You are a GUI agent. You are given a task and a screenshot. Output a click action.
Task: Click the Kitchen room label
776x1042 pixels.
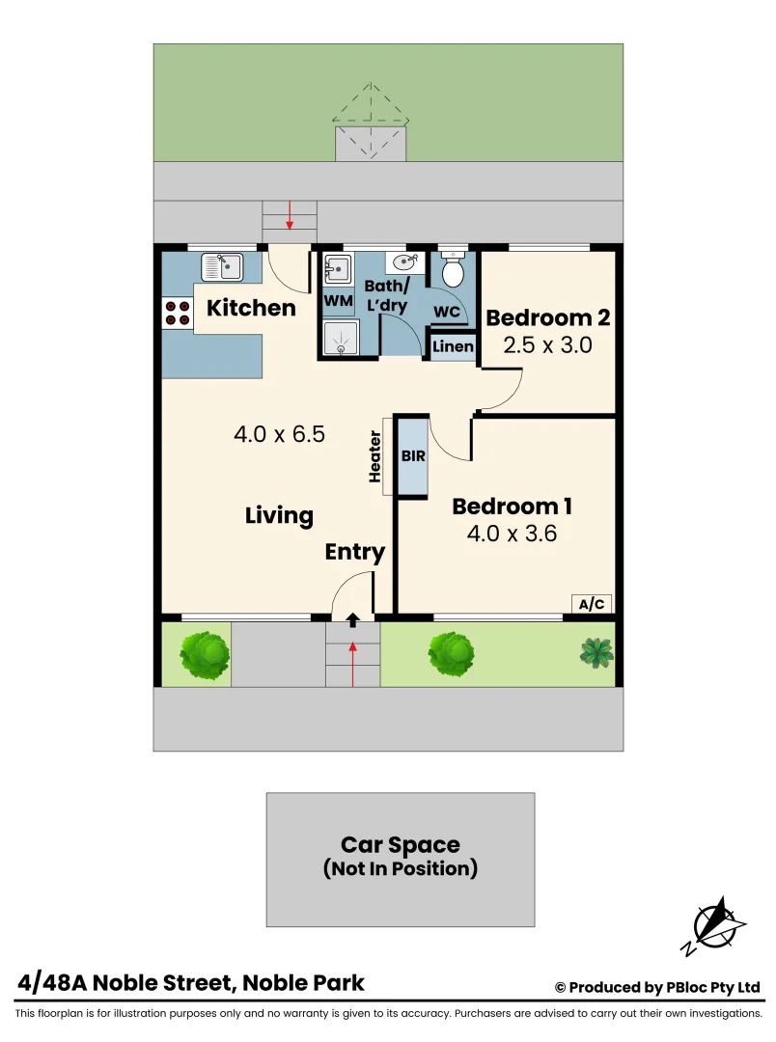[251, 308]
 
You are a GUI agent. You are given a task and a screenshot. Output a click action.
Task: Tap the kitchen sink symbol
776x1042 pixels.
[222, 265]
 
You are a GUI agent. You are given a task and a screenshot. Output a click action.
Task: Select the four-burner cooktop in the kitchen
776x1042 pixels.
[177, 312]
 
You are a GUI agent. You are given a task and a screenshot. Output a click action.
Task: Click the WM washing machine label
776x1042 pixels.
[338, 301]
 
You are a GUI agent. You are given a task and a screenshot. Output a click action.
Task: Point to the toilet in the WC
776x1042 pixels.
[452, 269]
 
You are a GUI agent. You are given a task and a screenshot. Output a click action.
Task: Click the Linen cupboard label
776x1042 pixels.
[453, 346]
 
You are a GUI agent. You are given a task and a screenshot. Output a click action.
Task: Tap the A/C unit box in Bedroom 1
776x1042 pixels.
[591, 604]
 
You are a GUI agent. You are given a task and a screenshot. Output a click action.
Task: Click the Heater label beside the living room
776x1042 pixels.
[376, 456]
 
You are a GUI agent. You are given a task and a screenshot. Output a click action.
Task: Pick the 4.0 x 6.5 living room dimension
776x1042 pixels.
[279, 434]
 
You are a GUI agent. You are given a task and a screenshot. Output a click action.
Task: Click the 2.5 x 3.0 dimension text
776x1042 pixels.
[548, 344]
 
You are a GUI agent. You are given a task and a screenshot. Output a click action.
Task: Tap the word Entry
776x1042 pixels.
[354, 552]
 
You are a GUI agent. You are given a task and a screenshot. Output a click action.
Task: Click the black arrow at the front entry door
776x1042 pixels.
[352, 618]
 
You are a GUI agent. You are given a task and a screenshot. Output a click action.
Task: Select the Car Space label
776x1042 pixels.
[400, 846]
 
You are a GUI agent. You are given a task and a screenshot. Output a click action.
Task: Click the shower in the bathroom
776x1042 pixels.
[338, 338]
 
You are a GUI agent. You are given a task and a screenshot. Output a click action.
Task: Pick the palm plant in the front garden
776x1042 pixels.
[596, 652]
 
